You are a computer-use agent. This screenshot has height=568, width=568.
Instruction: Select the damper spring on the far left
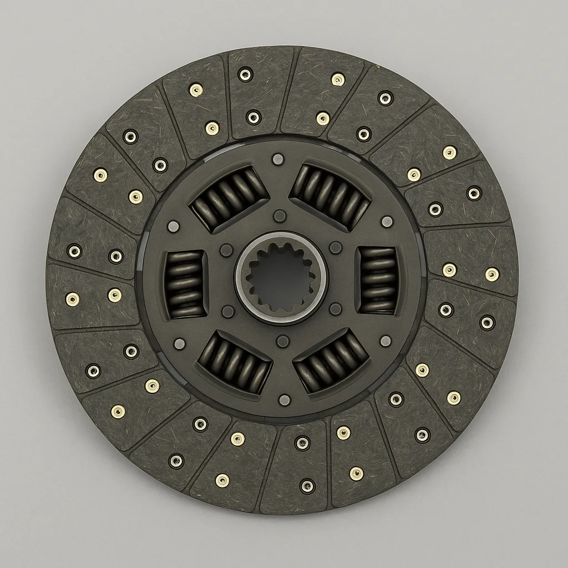click(185, 283)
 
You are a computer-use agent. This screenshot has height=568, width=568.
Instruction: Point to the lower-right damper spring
click(331, 360)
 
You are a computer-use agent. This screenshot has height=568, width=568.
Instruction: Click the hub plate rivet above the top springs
click(278, 160)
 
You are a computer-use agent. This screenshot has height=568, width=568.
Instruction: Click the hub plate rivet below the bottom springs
click(284, 400)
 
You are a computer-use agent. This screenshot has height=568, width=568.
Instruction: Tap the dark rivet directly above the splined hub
click(280, 216)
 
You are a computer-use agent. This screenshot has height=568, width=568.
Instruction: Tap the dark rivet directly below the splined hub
click(282, 341)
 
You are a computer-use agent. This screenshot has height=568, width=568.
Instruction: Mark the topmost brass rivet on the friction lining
click(338, 79)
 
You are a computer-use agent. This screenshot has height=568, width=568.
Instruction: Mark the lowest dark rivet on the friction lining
click(307, 486)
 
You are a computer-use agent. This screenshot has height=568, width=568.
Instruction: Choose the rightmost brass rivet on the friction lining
click(491, 274)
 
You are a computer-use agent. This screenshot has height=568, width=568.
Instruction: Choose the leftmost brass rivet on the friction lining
click(72, 299)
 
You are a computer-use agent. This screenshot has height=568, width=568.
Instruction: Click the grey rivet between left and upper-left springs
click(173, 226)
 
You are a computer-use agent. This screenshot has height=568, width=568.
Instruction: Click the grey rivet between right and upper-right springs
click(387, 222)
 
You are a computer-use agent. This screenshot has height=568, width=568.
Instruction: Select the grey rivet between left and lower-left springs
click(179, 344)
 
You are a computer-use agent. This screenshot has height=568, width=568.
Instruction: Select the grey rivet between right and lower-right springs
click(386, 341)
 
